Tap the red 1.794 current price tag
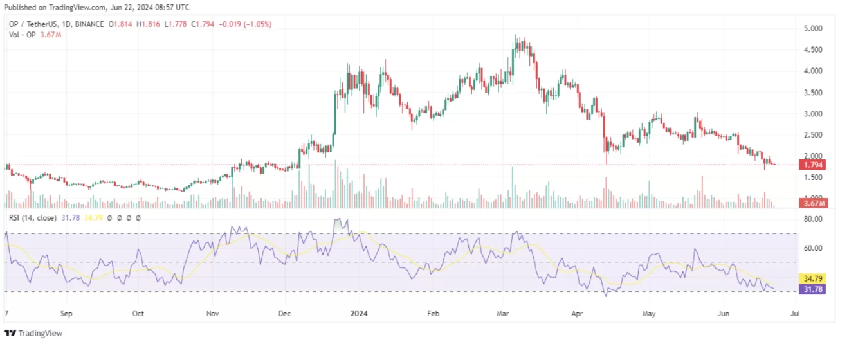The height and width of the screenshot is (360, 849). [x=812, y=165]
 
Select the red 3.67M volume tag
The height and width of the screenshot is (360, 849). [x=812, y=204]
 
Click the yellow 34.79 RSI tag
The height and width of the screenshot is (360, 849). [x=812, y=279]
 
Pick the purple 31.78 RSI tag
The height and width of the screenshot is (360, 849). [x=812, y=289]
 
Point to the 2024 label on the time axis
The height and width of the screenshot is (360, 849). [x=359, y=314]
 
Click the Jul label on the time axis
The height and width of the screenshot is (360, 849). [x=795, y=314]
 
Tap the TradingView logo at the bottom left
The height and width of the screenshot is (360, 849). [x=33, y=334]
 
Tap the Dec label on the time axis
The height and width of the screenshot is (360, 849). [x=285, y=314]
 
